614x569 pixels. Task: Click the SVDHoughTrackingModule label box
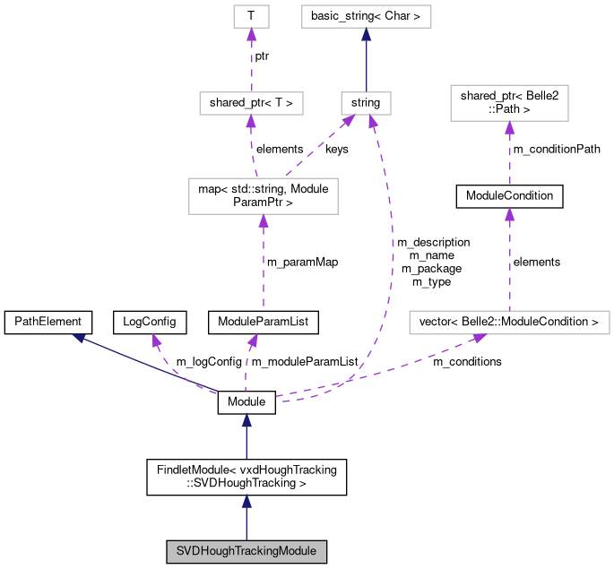click(246, 551)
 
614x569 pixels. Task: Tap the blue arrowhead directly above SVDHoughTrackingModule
click(246, 501)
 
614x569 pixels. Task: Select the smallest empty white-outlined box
click(251, 16)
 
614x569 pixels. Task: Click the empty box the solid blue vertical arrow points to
click(366, 16)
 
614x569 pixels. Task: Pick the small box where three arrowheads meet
click(366, 103)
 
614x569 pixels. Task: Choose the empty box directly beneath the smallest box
click(251, 103)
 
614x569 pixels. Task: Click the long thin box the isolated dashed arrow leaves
click(509, 323)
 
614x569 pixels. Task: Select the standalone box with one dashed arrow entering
click(509, 103)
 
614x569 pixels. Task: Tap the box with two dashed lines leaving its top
click(263, 196)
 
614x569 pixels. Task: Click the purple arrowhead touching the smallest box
click(251, 34)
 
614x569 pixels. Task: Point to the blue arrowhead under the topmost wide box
click(366, 34)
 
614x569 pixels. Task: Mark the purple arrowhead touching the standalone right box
click(509, 127)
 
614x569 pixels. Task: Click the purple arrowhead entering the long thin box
click(480, 338)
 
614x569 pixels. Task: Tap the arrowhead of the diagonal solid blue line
click(79, 338)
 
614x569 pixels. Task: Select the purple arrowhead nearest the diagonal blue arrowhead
click(156, 340)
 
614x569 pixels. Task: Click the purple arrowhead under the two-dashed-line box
click(263, 220)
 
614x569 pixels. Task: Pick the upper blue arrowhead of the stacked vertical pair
click(246, 420)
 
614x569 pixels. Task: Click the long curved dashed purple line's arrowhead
click(373, 121)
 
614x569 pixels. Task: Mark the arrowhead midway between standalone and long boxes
click(509, 213)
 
